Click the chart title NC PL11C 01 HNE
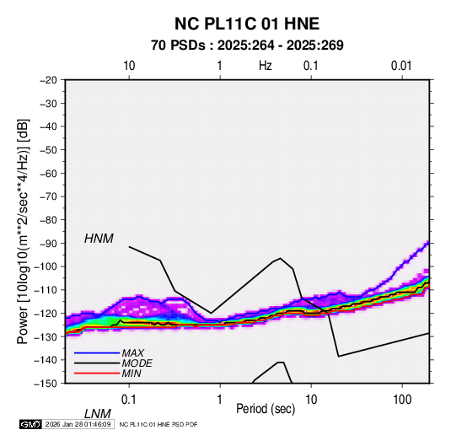click(247, 24)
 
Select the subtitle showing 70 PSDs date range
click(247, 46)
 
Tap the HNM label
click(99, 239)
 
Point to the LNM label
click(98, 414)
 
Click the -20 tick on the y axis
click(48, 80)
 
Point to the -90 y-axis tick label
click(48, 244)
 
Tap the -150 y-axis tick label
click(46, 384)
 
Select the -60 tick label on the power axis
click(48, 173)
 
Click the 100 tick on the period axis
click(402, 400)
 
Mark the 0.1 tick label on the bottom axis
click(129, 400)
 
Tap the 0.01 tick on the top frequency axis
click(401, 66)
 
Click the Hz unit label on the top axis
click(266, 66)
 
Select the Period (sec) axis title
click(266, 409)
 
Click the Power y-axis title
click(23, 231)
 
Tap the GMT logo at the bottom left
click(31, 424)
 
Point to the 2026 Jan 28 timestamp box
click(78, 424)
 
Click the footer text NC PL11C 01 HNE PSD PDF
click(158, 424)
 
